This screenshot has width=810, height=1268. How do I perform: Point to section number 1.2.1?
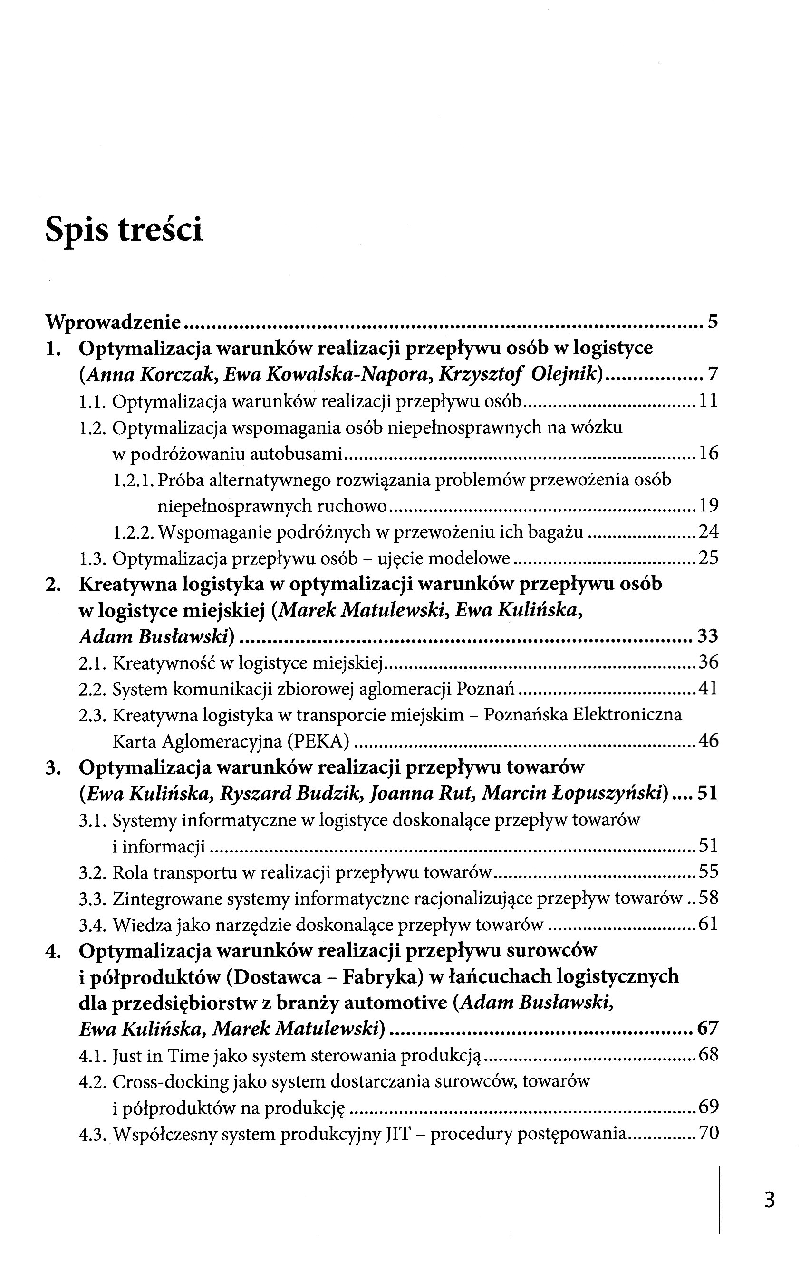point(133,480)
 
